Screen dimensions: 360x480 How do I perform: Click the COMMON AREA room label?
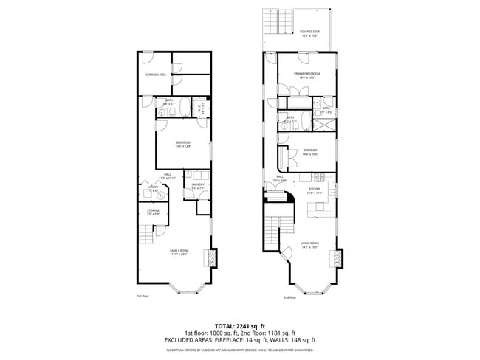155,75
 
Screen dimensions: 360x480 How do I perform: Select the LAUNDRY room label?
198,185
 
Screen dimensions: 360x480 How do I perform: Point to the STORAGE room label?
153,211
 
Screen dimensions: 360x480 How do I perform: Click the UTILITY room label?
153,190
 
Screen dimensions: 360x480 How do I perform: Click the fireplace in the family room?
212,258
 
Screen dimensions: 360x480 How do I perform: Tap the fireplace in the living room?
339,258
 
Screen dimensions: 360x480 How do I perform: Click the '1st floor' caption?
143,297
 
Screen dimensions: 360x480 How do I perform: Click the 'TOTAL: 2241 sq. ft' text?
240,325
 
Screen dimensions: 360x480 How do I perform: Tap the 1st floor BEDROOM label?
183,143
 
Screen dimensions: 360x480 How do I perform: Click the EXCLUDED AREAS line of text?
240,340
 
